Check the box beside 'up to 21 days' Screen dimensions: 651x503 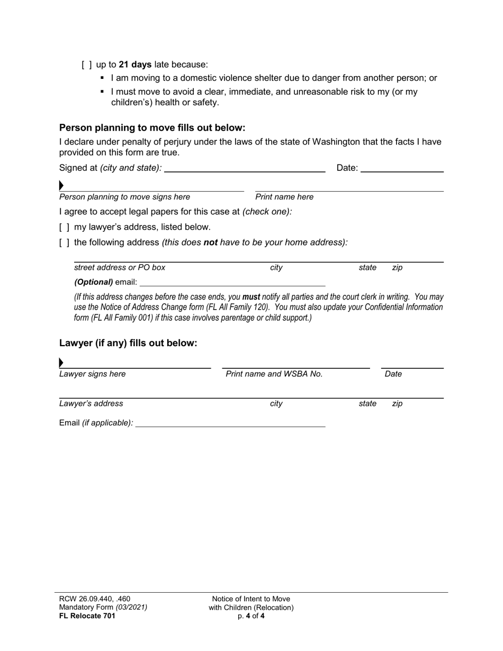87,65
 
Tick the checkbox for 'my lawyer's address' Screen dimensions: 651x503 65,228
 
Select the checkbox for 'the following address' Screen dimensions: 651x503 65,243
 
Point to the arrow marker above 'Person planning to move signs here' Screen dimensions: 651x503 61,186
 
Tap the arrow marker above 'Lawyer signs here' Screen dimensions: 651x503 61,363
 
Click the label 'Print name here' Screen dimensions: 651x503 284,197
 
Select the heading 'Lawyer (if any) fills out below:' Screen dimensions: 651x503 128,343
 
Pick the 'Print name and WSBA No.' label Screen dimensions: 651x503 274,374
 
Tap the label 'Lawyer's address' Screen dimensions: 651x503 91,404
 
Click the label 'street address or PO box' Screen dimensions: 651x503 120,268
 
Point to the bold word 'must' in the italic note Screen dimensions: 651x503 251,297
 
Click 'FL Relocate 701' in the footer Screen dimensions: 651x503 87,616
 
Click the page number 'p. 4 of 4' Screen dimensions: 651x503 251,616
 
